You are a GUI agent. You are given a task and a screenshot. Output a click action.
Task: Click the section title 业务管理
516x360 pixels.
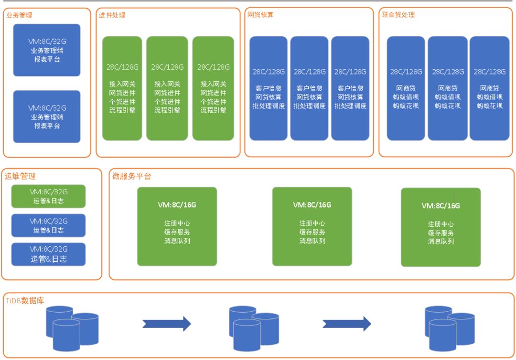click(x=19, y=15)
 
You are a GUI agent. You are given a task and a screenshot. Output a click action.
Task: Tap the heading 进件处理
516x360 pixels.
click(x=112, y=15)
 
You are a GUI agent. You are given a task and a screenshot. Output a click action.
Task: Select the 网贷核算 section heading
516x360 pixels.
click(x=260, y=15)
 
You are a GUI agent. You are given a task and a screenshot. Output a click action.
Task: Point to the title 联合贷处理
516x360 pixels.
click(x=398, y=15)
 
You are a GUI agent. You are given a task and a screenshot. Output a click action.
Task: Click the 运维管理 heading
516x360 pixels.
click(x=20, y=176)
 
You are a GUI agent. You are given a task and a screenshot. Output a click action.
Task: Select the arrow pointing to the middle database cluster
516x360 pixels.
click(x=167, y=324)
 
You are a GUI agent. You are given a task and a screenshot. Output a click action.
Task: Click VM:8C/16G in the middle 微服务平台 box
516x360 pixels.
click(x=312, y=205)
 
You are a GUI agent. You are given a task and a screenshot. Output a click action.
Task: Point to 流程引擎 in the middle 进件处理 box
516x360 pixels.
click(x=167, y=110)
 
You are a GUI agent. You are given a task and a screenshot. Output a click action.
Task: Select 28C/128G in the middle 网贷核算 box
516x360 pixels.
click(x=310, y=72)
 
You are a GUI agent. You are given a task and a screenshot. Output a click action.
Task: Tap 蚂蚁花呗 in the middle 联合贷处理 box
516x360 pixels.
click(x=448, y=106)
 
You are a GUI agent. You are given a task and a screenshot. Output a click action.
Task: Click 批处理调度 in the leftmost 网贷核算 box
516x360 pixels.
click(x=269, y=106)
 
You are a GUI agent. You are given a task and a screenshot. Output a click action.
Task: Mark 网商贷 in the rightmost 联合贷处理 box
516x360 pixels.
click(x=490, y=88)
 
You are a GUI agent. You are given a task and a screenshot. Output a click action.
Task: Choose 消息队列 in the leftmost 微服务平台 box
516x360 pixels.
click(x=177, y=241)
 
